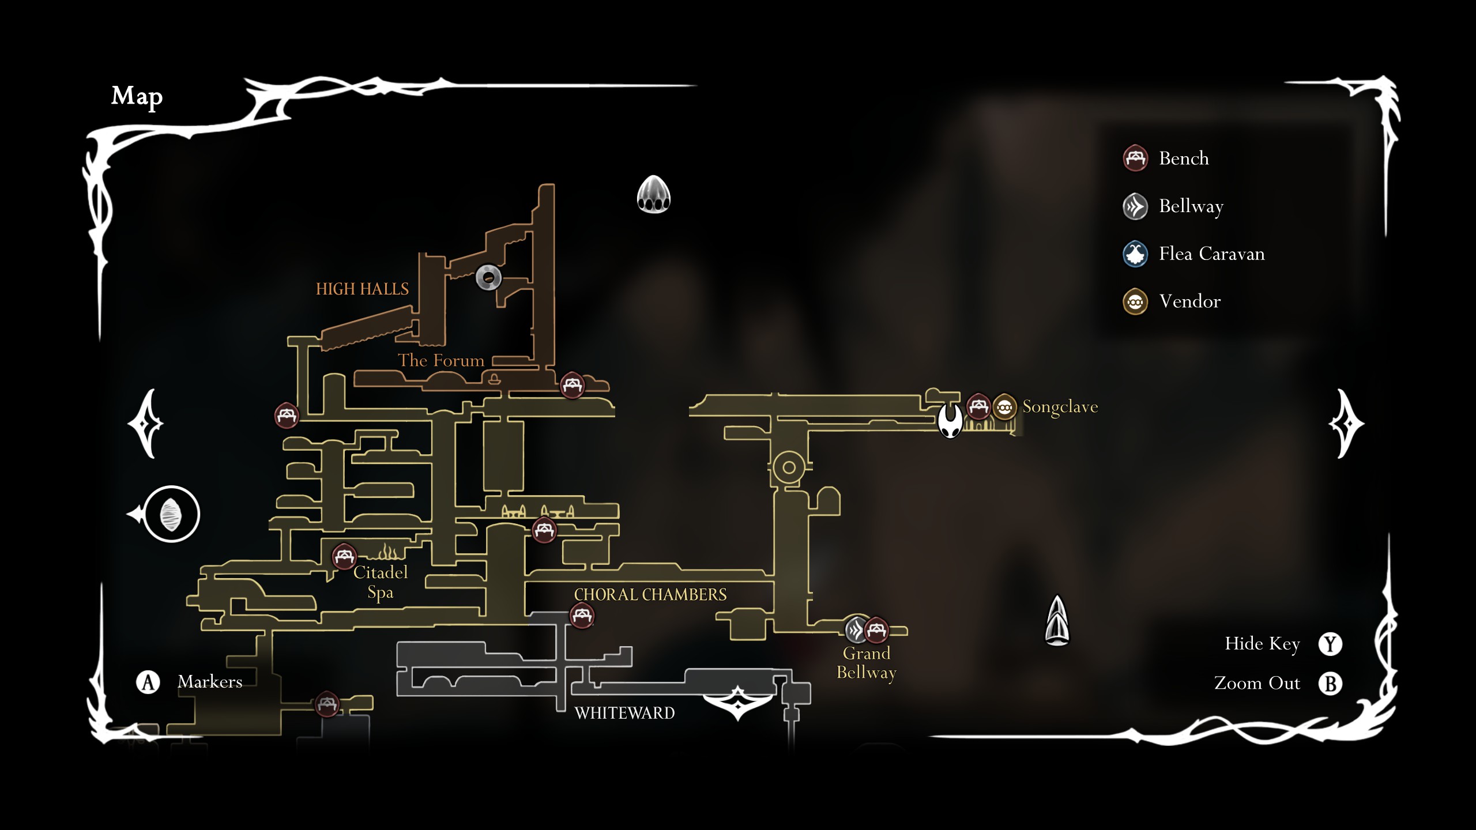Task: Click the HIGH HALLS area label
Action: (x=362, y=289)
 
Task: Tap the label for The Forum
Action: (x=441, y=361)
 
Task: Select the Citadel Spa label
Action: (x=381, y=582)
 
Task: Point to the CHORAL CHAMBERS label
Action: (x=650, y=595)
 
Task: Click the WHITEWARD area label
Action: (x=624, y=714)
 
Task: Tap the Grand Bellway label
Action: (x=867, y=663)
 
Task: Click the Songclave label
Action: (x=1060, y=407)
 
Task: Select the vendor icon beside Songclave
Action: (x=1004, y=408)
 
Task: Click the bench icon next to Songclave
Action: (x=978, y=406)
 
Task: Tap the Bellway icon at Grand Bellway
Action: (x=856, y=629)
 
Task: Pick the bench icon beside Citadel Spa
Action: (x=344, y=557)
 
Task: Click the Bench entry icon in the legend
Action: (x=1135, y=159)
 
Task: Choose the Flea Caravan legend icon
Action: (x=1135, y=254)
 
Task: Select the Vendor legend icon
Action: (x=1135, y=302)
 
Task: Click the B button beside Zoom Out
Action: (x=1330, y=684)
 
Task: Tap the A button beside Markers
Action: (x=148, y=682)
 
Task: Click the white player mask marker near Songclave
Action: (x=950, y=421)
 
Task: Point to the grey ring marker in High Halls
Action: (x=488, y=278)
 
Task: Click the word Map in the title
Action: (x=137, y=96)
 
